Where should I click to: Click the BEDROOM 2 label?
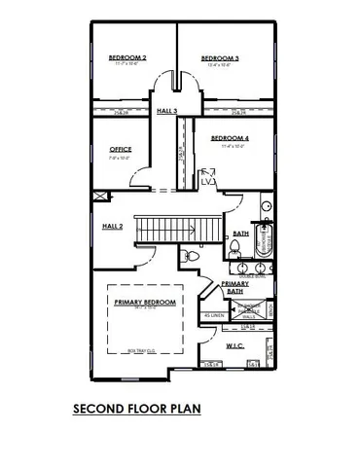point(126,58)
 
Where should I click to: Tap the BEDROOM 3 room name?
point(220,58)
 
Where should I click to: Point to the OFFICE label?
point(121,149)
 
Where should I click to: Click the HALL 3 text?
point(167,111)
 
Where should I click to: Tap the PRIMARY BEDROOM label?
point(145,303)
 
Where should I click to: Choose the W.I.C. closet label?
point(234,345)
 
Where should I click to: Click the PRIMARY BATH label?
point(234,287)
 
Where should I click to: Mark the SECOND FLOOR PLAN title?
point(137,410)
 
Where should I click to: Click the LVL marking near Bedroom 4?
point(208,180)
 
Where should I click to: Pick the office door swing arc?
point(142,178)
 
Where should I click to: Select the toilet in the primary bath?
point(187,257)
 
